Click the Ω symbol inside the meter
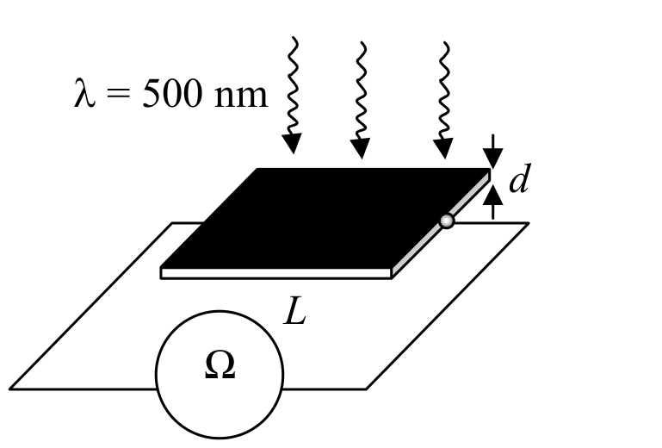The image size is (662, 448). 220,365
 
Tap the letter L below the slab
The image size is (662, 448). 294,311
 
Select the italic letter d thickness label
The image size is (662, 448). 519,178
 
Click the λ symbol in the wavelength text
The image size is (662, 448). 84,93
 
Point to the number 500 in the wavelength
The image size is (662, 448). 172,93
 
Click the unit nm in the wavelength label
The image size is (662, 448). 241,96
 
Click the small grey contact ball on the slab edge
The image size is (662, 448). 447,221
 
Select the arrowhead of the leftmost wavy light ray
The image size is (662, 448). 292,143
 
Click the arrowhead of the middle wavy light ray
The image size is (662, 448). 360,148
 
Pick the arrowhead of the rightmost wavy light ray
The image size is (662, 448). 443,148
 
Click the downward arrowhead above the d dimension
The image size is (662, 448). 492,158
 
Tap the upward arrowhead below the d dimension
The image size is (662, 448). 492,196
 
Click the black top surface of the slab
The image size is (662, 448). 325,218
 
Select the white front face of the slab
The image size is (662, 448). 276,273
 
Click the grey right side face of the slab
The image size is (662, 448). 442,225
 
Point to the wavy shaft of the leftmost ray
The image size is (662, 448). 293,85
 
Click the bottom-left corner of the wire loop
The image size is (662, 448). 10,389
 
